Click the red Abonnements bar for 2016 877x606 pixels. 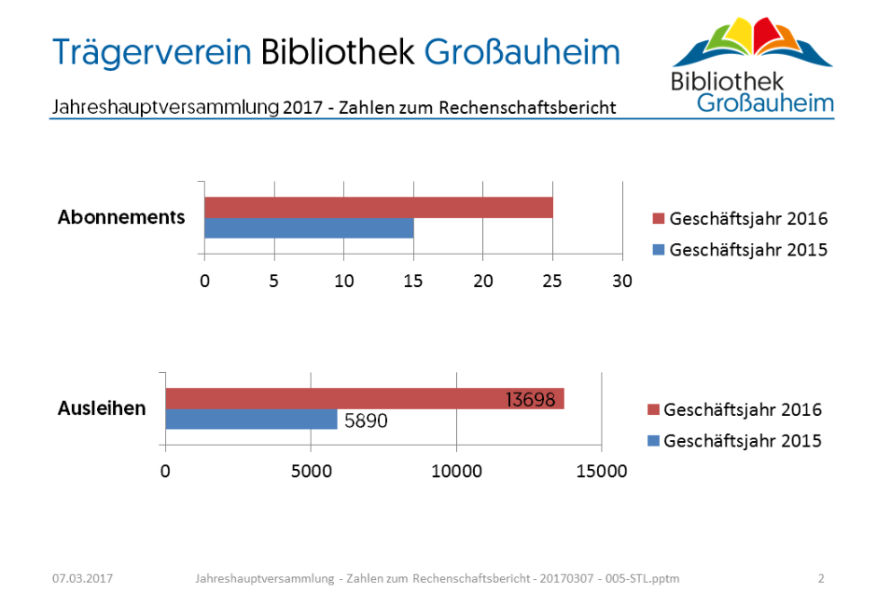378,207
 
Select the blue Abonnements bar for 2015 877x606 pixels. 309,228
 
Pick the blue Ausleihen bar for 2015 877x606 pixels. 251,420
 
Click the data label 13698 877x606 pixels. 530,400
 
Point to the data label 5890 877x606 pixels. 366,420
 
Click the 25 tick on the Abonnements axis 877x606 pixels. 552,281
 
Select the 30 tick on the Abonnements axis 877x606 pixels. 621,281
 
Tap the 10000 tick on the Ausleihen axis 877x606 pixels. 456,472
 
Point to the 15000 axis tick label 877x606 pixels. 601,472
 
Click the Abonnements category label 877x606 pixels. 121,217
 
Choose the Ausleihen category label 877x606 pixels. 102,408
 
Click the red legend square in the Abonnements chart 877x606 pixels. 659,220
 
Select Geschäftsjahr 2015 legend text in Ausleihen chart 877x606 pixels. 743,441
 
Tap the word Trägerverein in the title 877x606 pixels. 152,51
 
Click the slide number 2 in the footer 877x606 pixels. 821,579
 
